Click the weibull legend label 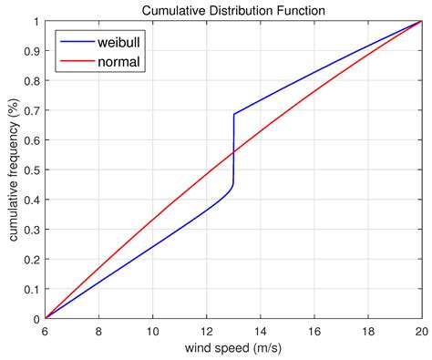pyautogui.click(x=121, y=43)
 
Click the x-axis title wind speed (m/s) pyautogui.click(x=233, y=350)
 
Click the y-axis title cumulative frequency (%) pyautogui.click(x=15, y=170)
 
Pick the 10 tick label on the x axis pyautogui.click(x=153, y=332)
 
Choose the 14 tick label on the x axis pyautogui.click(x=261, y=332)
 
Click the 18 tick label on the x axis pyautogui.click(x=368, y=332)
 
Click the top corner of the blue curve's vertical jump pyautogui.click(x=234, y=115)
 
